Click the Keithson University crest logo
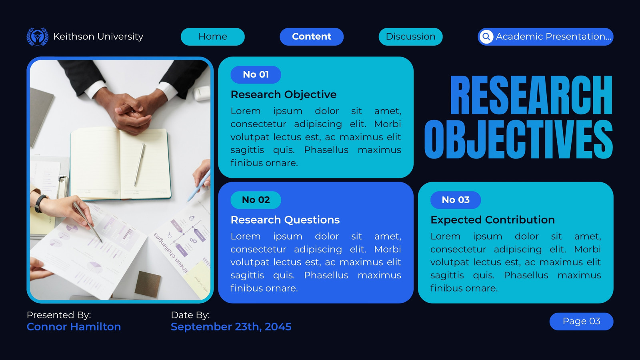click(38, 36)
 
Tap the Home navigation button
click(212, 36)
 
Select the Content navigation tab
click(312, 36)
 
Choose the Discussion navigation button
click(410, 36)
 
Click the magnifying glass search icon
click(486, 36)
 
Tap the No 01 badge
click(256, 74)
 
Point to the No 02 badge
click(256, 200)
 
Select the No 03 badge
click(456, 200)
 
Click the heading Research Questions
click(285, 220)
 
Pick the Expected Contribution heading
click(492, 220)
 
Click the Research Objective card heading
click(284, 94)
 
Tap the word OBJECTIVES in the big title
click(518, 139)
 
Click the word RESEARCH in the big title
click(532, 95)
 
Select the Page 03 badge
click(581, 321)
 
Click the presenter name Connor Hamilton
click(74, 326)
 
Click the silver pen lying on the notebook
click(140, 165)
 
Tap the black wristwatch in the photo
click(40, 203)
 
